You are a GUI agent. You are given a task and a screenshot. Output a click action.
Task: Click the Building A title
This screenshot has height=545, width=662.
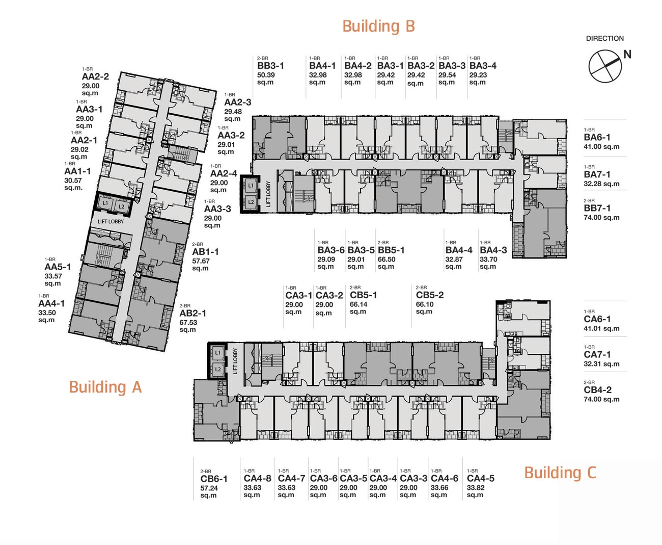(105, 387)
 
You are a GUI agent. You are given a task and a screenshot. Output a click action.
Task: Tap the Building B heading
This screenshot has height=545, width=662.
(378, 26)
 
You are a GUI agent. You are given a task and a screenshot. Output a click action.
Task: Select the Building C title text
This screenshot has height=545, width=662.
(560, 473)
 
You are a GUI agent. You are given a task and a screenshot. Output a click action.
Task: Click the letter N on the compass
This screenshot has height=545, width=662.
(627, 55)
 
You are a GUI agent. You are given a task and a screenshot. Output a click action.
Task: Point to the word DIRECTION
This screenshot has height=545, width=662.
(605, 38)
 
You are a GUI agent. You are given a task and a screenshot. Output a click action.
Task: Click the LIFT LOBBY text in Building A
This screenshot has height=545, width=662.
(111, 222)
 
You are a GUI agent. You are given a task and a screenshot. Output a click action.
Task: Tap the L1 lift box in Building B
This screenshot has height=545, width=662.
(251, 186)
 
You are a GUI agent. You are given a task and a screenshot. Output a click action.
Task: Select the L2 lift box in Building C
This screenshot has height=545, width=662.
(218, 369)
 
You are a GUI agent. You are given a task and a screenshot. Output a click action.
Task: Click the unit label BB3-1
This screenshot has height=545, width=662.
(270, 66)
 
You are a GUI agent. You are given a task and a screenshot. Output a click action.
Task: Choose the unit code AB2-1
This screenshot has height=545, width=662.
(192, 313)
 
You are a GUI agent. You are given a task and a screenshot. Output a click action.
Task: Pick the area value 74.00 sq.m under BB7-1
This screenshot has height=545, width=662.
(601, 218)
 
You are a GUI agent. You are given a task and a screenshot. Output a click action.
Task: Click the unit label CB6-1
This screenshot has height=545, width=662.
(214, 479)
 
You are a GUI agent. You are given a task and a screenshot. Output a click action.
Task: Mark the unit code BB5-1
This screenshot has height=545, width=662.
(391, 250)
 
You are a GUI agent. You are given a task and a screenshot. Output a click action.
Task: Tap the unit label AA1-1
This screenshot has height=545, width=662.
(77, 171)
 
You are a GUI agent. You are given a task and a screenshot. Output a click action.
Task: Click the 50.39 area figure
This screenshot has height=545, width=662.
(266, 75)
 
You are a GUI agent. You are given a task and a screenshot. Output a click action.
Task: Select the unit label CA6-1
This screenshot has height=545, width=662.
(597, 319)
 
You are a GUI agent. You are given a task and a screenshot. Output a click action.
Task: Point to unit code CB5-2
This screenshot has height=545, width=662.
(430, 295)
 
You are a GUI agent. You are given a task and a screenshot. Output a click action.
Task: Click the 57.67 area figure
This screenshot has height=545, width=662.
(201, 261)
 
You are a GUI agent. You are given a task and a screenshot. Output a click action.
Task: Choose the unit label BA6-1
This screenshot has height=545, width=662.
(597, 137)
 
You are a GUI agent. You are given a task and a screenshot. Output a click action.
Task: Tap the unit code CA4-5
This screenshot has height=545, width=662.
(481, 478)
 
